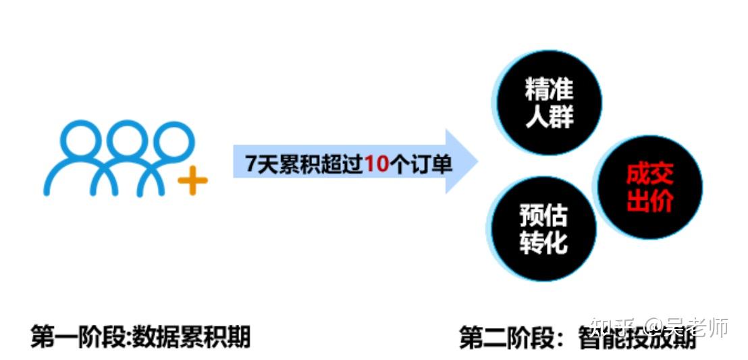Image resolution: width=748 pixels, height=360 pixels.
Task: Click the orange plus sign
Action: click(x=192, y=180)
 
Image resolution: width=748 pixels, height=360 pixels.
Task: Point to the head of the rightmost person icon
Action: click(x=169, y=139)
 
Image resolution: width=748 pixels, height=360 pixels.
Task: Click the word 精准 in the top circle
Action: click(x=549, y=91)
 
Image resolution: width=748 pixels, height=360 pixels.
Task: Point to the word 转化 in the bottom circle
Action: click(x=543, y=242)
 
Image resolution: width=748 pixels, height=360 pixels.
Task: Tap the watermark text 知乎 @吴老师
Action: click(x=659, y=327)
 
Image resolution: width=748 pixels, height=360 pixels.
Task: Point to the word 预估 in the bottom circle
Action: click(x=543, y=217)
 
